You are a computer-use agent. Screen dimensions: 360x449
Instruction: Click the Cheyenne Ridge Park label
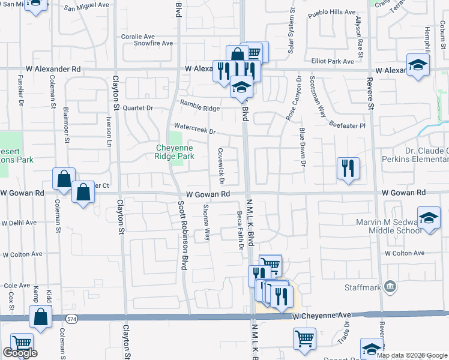pyautogui.click(x=175, y=152)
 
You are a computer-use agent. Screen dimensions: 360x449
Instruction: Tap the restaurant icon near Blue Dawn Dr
pyautogui.click(x=348, y=168)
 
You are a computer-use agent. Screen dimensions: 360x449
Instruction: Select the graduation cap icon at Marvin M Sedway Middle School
pyautogui.click(x=429, y=219)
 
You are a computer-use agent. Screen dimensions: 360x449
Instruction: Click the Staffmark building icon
pyautogui.click(x=391, y=286)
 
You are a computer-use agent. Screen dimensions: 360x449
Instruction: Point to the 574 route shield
pyautogui.click(x=72, y=319)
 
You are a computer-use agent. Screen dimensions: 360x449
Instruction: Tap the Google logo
pyautogui.click(x=20, y=353)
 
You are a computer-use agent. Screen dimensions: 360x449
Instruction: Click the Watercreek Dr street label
pyautogui.click(x=194, y=128)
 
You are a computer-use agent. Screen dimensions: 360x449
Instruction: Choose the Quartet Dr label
pyautogui.click(x=138, y=108)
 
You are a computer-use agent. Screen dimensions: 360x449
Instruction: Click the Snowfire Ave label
pyautogui.click(x=153, y=43)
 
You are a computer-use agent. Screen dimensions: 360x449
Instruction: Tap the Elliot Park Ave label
pyautogui.click(x=333, y=61)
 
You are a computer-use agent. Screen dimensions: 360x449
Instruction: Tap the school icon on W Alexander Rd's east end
pyautogui.click(x=418, y=65)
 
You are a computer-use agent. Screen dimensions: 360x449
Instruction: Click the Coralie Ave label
pyautogui.click(x=138, y=35)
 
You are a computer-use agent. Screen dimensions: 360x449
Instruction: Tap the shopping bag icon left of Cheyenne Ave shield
pyautogui.click(x=40, y=318)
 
